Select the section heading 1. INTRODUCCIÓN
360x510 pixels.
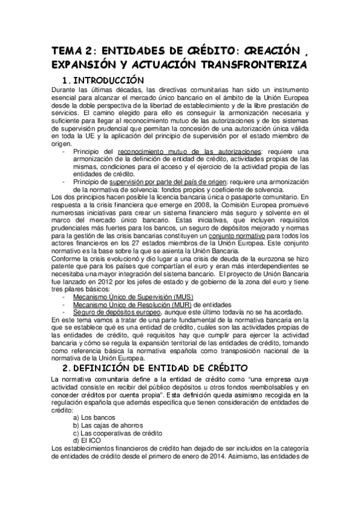tap(114, 80)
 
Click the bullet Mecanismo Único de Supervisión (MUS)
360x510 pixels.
tap(124, 296)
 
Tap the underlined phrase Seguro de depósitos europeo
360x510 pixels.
tap(117, 312)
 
